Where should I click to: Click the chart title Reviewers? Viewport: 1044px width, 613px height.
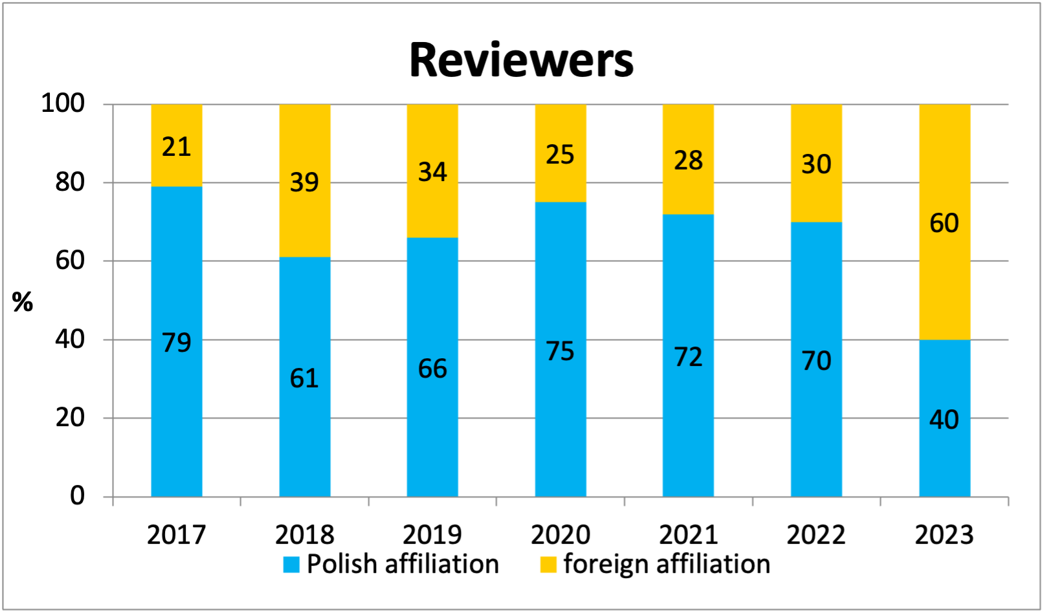click(521, 60)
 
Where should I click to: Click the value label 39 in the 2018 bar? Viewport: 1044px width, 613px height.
click(304, 182)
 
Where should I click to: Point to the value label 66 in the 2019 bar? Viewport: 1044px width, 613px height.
click(432, 369)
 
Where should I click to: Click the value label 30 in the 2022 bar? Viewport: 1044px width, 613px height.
click(816, 164)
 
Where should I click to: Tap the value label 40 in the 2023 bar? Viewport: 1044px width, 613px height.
click(944, 420)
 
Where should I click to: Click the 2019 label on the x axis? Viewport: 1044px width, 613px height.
click(432, 535)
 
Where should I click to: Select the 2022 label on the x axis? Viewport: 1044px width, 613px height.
click(816, 535)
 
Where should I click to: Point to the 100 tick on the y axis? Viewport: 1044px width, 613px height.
click(63, 103)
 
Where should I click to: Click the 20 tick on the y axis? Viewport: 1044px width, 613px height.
click(70, 418)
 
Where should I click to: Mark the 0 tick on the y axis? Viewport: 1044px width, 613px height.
click(77, 496)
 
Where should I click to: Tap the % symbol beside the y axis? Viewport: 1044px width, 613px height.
click(23, 301)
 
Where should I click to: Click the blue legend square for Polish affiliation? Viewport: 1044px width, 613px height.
click(291, 565)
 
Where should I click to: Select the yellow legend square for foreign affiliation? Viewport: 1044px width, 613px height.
click(548, 565)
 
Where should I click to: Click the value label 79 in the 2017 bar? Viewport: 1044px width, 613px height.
click(177, 342)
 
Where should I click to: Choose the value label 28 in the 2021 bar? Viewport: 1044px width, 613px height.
click(688, 160)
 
